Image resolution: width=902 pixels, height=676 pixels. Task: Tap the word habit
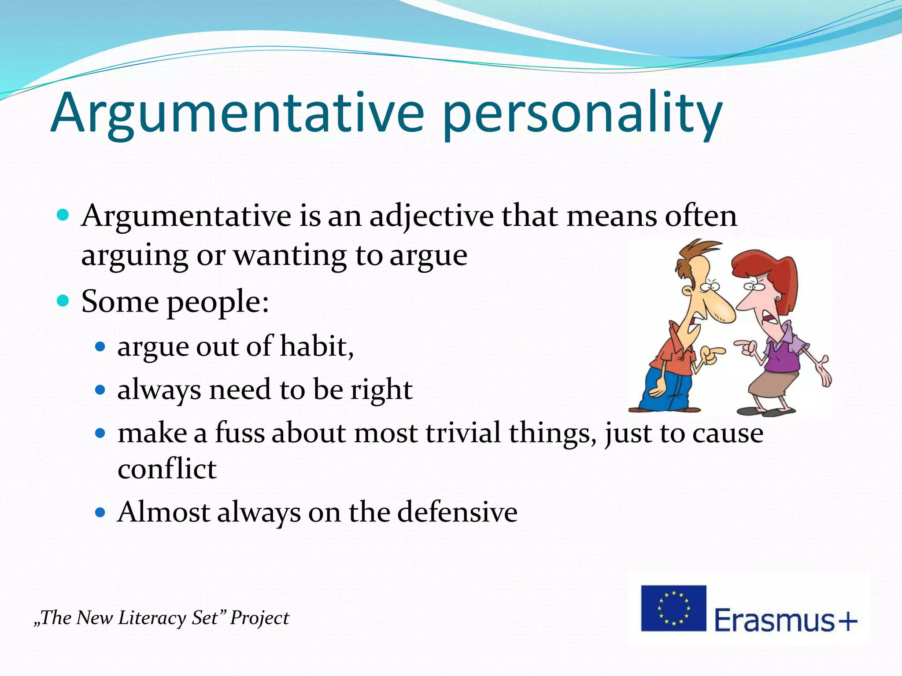tap(316, 346)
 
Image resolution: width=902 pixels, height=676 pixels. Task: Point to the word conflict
tap(167, 469)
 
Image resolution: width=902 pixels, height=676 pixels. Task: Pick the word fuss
tap(240, 433)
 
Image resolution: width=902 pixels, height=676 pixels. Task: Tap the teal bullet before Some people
tap(63, 301)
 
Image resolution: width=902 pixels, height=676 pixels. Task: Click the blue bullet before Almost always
tap(101, 512)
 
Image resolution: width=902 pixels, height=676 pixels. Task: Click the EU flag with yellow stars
tap(673, 608)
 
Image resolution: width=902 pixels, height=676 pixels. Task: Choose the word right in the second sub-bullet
tap(381, 390)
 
